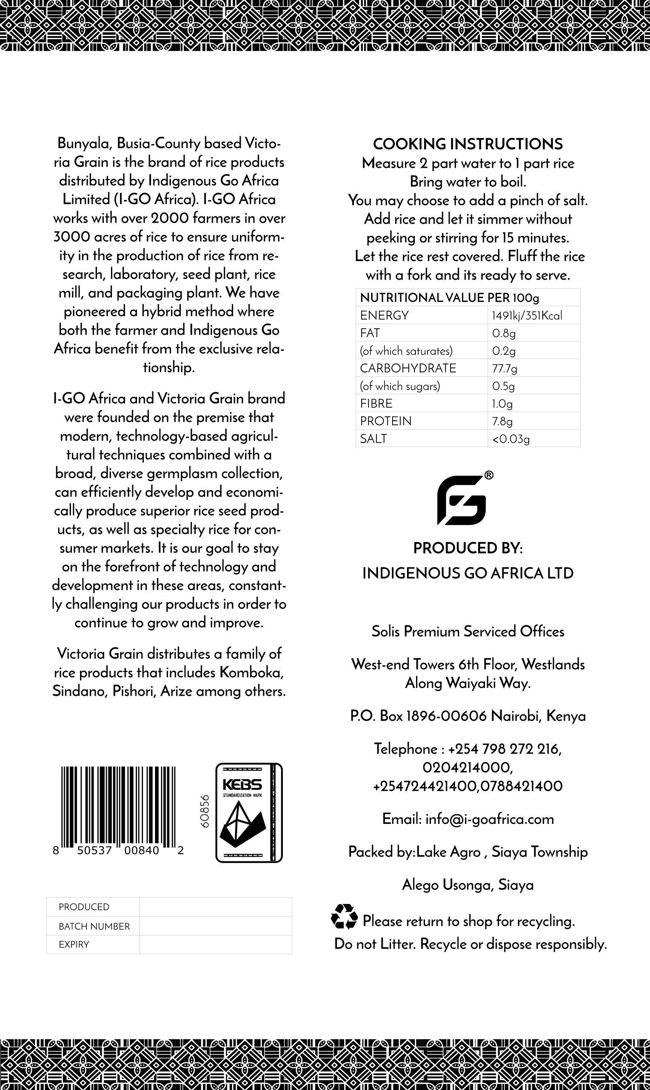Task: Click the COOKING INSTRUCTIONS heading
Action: (x=468, y=144)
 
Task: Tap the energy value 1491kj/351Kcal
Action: (x=527, y=316)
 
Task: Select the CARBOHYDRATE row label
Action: (x=408, y=368)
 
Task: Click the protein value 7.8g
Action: (x=502, y=421)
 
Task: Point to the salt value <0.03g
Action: (x=510, y=439)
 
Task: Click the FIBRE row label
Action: (x=376, y=404)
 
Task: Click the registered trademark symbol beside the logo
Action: (x=488, y=476)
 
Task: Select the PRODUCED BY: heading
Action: (x=468, y=548)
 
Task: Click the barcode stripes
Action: (x=118, y=807)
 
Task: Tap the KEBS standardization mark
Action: (x=249, y=812)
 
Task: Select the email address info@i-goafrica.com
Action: (x=489, y=819)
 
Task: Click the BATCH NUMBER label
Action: (x=94, y=926)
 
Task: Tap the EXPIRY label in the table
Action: (x=74, y=945)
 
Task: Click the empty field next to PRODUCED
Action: (x=216, y=907)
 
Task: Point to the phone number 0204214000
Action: (x=468, y=767)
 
